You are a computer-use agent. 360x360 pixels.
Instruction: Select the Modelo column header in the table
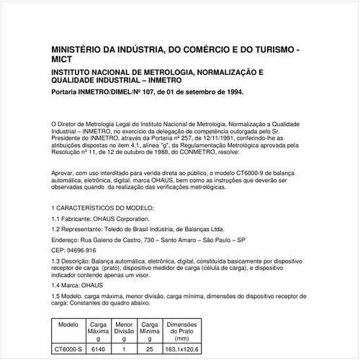[x=68, y=325]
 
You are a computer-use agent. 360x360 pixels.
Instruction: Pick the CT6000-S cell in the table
[x=68, y=350]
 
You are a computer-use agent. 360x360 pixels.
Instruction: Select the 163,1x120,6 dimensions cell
[x=181, y=350]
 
